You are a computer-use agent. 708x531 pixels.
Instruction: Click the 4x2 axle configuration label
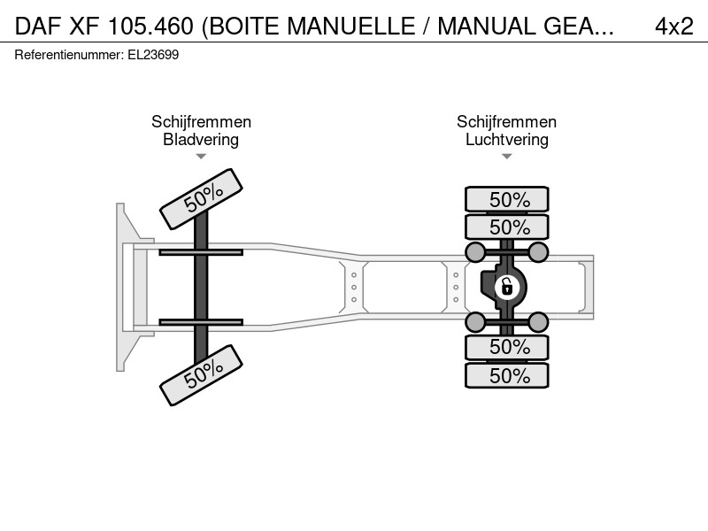point(673,27)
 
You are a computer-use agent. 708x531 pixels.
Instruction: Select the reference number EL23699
point(153,55)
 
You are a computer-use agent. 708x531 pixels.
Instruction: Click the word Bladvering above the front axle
point(201,139)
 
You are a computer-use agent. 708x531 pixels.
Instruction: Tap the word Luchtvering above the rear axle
point(506,139)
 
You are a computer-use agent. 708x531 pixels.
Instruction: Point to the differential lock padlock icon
point(506,287)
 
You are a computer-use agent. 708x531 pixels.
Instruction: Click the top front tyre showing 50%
point(202,198)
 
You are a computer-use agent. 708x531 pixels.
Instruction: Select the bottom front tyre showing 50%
point(202,375)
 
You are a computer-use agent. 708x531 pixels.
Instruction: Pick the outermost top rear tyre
point(506,199)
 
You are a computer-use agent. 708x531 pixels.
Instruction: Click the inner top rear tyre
point(506,227)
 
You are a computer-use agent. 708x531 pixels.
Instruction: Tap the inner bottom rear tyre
point(506,347)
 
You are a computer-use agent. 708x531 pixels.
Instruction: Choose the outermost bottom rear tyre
point(506,375)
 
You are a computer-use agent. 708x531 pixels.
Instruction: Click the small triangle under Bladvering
point(201,157)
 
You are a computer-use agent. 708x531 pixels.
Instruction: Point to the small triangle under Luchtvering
point(506,157)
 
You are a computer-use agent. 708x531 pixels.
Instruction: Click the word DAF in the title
point(38,27)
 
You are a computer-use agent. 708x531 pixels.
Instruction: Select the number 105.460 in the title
point(150,27)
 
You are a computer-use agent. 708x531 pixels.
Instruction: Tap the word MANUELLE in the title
point(350,27)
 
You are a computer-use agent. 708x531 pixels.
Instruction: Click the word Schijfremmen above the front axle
point(201,121)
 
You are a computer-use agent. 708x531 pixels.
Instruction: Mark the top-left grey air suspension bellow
point(475,252)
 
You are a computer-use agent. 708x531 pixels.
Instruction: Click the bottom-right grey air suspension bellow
point(538,322)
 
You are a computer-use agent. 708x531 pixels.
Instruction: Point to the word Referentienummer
point(68,55)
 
